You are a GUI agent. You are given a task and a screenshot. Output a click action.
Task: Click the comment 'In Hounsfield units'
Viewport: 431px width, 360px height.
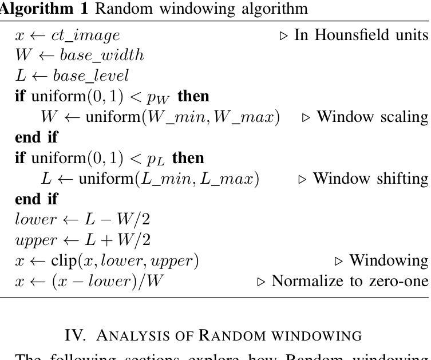pos(361,35)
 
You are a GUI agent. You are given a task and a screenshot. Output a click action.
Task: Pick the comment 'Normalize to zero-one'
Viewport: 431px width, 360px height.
pos(350,282)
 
